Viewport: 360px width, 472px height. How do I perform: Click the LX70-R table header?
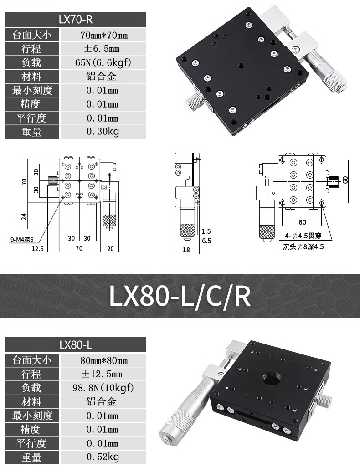pos(76,20)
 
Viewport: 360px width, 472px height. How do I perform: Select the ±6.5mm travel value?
pos(102,49)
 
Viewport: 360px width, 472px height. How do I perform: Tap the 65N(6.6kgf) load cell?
pos(103,62)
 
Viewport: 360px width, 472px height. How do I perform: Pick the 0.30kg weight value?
pos(103,132)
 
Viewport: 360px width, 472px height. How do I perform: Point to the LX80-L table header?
pos(76,345)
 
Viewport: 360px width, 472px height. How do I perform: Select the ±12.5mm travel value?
pos(102,374)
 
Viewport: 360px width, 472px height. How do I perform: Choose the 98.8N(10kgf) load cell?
pos(103,388)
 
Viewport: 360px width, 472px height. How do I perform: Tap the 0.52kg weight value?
pos(103,457)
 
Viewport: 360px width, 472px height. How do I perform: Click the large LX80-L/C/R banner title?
pos(180,296)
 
